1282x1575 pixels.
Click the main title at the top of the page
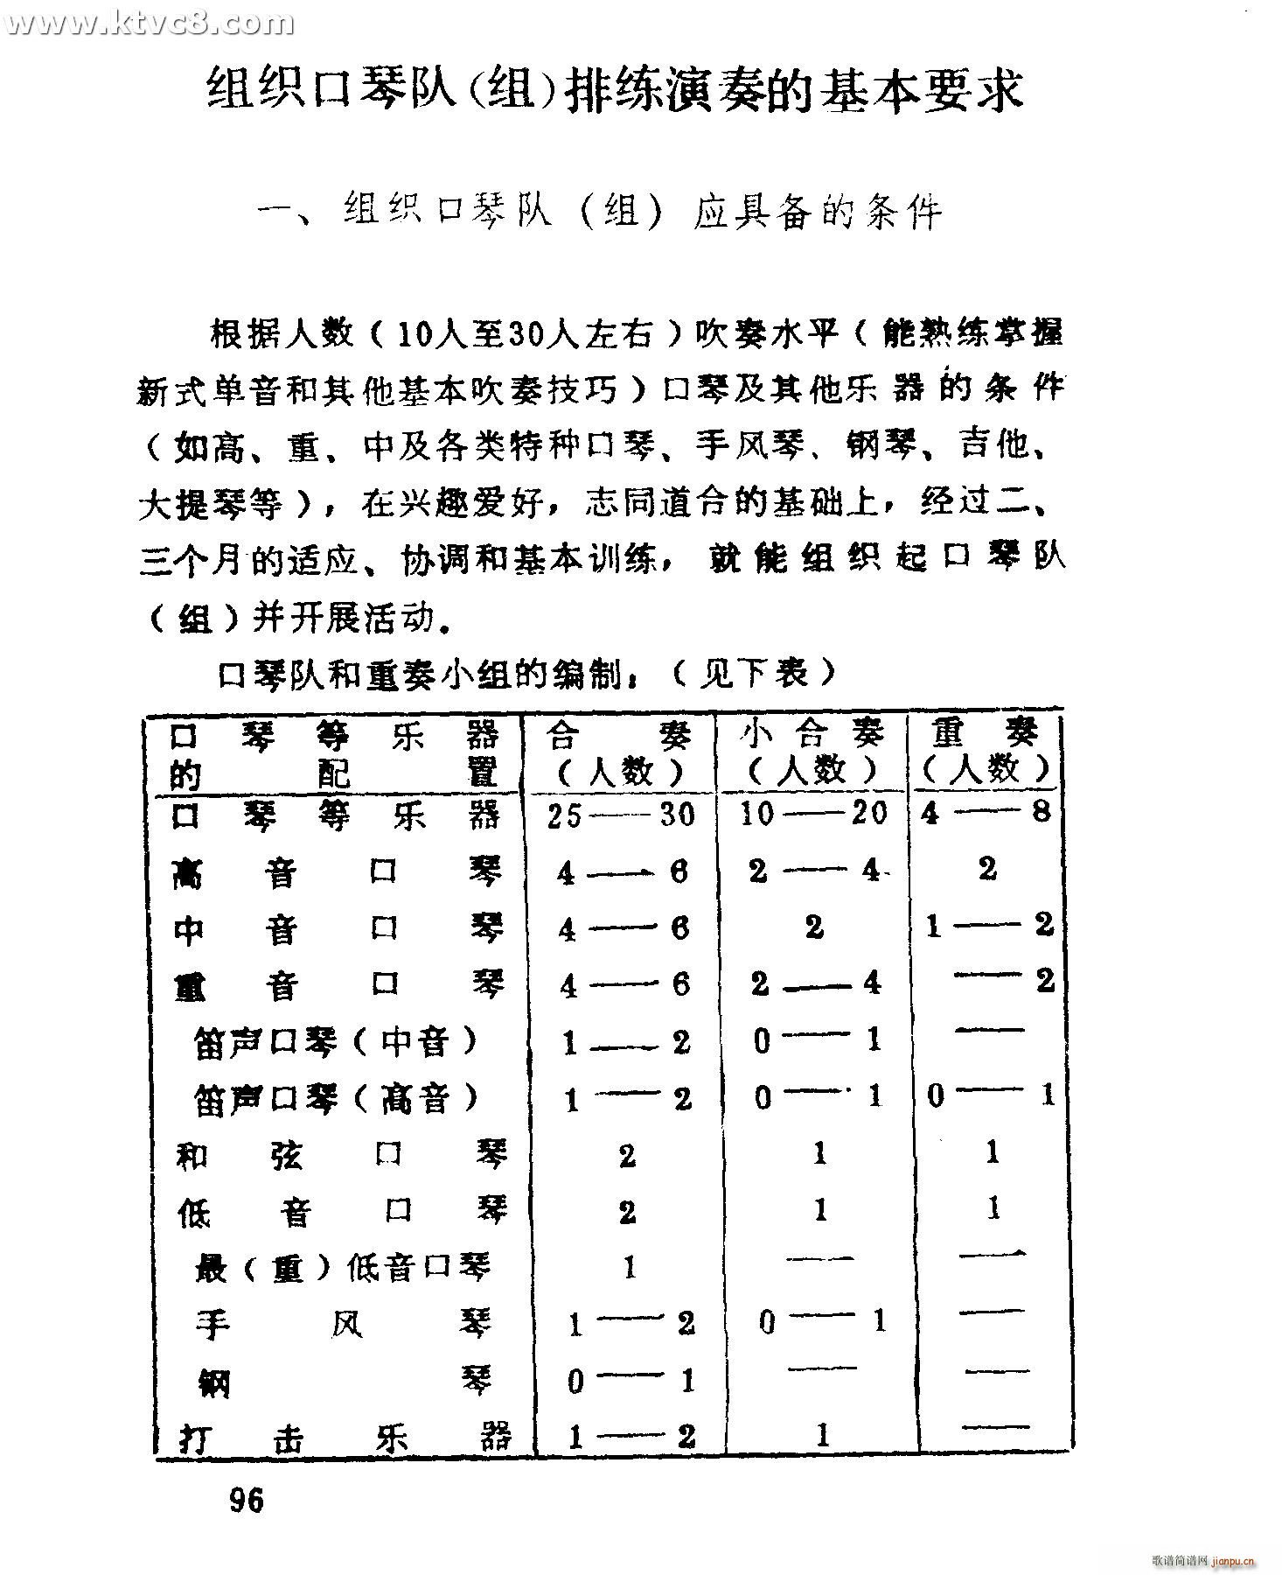pyautogui.click(x=615, y=91)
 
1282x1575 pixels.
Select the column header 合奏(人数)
pyautogui.click(x=619, y=753)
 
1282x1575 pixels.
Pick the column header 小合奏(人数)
pyautogui.click(x=812, y=753)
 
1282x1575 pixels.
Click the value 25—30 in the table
pyautogui.click(x=620, y=815)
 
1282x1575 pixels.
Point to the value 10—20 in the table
pyautogui.click(x=813, y=814)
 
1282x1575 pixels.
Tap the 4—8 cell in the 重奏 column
pyautogui.click(x=986, y=813)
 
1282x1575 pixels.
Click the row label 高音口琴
pyautogui.click(x=338, y=872)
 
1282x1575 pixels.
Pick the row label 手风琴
pyautogui.click(x=344, y=1325)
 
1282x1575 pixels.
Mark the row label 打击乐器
pyautogui.click(x=344, y=1437)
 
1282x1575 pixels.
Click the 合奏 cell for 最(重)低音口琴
pyautogui.click(x=629, y=1267)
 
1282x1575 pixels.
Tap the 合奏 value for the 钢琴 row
pyautogui.click(x=629, y=1382)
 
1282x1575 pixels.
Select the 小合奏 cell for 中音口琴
pyautogui.click(x=814, y=927)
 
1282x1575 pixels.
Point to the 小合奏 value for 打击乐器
pyautogui.click(x=821, y=1436)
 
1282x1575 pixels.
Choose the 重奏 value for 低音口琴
pyautogui.click(x=993, y=1209)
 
